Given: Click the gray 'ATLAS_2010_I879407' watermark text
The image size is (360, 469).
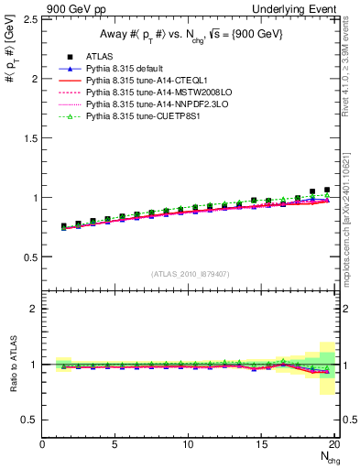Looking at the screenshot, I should [x=190, y=274].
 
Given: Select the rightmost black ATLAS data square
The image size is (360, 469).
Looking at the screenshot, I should [x=327, y=190].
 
